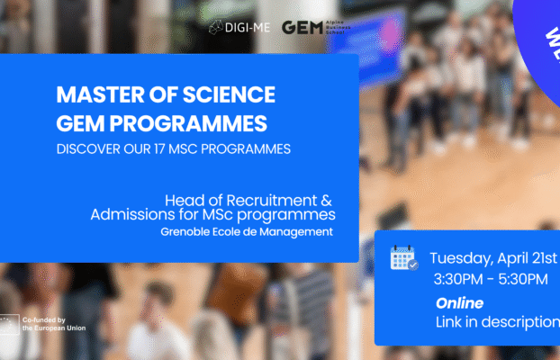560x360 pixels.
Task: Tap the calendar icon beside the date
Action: (x=403, y=258)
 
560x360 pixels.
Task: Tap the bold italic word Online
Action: (x=459, y=303)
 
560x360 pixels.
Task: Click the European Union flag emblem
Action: (x=11, y=325)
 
